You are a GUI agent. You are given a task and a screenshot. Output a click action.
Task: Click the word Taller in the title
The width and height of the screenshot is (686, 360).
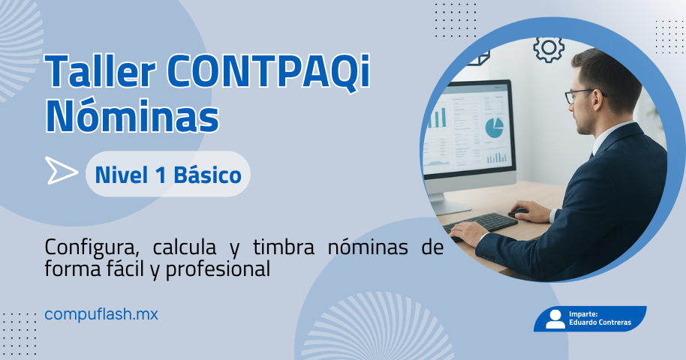coord(101,70)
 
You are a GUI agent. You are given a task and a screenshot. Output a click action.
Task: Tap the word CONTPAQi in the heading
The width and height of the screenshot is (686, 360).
coord(268,70)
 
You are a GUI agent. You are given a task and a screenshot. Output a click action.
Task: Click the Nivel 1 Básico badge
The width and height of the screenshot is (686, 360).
coord(168,174)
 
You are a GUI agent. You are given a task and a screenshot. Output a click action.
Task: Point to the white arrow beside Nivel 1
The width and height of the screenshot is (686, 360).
coord(62,170)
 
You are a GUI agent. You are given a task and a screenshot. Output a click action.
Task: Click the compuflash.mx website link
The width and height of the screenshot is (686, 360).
coord(101,314)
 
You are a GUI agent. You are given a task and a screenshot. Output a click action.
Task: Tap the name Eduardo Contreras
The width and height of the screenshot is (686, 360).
coord(600,322)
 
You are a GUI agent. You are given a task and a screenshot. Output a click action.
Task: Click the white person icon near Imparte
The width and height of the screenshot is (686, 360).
coord(555,319)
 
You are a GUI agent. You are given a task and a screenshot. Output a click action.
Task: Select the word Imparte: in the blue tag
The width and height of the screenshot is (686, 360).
coord(583,313)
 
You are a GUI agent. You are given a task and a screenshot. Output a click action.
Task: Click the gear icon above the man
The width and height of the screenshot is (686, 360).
coord(549,48)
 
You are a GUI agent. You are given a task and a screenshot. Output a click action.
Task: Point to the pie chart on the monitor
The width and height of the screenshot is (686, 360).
coord(494,127)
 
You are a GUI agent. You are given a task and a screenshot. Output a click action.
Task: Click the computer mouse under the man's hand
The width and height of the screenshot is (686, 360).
coord(519,212)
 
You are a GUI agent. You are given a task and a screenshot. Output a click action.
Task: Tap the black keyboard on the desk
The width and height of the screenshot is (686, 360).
coord(481,223)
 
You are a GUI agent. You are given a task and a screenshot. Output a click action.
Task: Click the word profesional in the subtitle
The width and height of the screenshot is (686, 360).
coord(218,269)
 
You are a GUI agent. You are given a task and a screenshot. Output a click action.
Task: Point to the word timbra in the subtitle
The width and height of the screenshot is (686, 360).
coord(284,247)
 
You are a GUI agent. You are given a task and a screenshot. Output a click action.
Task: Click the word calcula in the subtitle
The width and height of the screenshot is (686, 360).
coord(185,247)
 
